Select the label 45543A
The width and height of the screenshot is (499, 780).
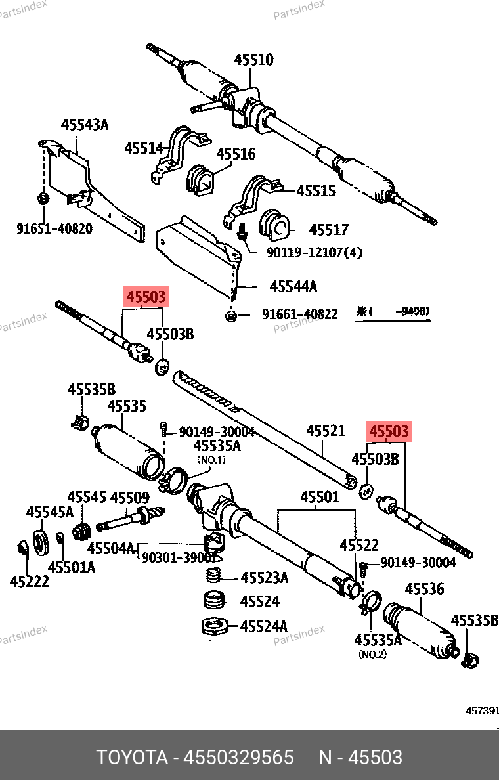coord(85,124)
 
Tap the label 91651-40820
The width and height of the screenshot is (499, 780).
coord(54,228)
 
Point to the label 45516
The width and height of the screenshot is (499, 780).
coord(236,154)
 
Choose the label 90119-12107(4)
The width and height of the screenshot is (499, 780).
coord(314,252)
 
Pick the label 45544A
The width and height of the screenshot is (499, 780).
coord(293,286)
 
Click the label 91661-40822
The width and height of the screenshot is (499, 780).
coord(300,314)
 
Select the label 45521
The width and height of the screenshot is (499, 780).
coord(325,431)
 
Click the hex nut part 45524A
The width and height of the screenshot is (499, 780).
coord(214,626)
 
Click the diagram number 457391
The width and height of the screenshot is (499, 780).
coord(483,711)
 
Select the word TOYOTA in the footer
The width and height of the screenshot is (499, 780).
coord(131,757)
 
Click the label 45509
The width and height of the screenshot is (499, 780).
coord(129,498)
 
